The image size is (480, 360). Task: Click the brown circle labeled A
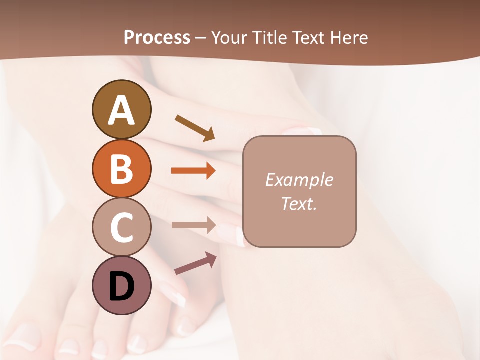(x=121, y=109)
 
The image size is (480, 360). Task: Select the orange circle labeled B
(x=121, y=168)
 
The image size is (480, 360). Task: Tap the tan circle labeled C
(x=121, y=227)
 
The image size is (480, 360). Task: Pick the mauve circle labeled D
(x=121, y=286)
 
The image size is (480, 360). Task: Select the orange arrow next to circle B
(x=193, y=171)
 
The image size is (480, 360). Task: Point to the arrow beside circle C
(x=193, y=225)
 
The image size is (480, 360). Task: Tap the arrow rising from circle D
(x=195, y=263)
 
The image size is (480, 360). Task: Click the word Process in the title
(x=157, y=37)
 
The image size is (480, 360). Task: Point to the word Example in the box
(x=299, y=180)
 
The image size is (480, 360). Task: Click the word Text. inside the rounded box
(x=299, y=203)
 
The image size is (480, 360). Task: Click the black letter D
(x=121, y=286)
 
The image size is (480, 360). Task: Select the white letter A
(x=121, y=110)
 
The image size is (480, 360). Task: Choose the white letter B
(x=121, y=169)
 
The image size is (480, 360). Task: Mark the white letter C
(x=121, y=228)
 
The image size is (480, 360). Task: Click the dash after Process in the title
(x=201, y=38)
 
